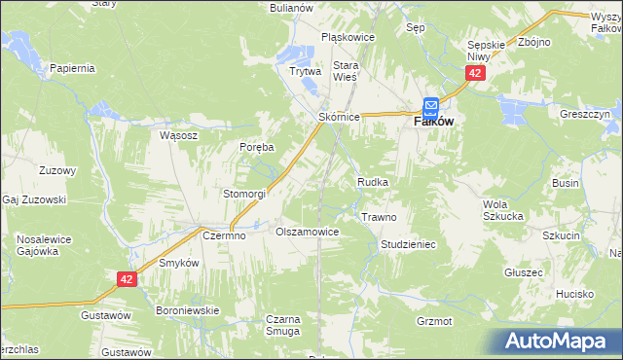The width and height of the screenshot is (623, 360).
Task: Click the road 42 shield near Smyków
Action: pyautogui.click(x=127, y=279)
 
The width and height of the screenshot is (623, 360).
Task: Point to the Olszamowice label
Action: pyautogui.click(x=307, y=233)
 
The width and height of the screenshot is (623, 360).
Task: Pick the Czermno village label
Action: pyautogui.click(x=223, y=235)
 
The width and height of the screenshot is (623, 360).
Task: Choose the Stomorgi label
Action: pyautogui.click(x=244, y=194)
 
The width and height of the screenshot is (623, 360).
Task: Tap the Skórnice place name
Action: pyautogui.click(x=340, y=117)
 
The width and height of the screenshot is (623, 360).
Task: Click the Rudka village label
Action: pyautogui.click(x=373, y=182)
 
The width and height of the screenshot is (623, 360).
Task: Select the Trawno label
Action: pyautogui.click(x=378, y=217)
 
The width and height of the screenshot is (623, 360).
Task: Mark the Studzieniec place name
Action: pyautogui.click(x=408, y=244)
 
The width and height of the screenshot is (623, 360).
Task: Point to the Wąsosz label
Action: pyautogui.click(x=179, y=136)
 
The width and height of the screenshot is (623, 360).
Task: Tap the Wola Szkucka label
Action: pyautogui.click(x=503, y=210)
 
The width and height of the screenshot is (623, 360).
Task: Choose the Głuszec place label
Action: pyautogui.click(x=524, y=273)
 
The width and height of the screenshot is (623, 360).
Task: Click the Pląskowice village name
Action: pyautogui.click(x=348, y=38)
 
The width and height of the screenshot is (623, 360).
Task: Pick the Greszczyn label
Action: pyautogui.click(x=584, y=114)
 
